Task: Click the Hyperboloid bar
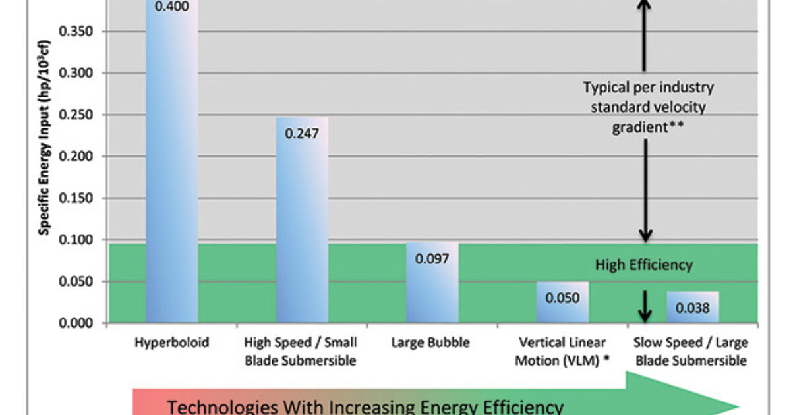click(x=171, y=165)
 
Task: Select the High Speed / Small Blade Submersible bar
click(x=302, y=224)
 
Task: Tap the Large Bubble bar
click(x=432, y=290)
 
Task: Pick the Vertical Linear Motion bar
click(x=562, y=303)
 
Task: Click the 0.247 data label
click(x=302, y=133)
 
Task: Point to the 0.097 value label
click(x=432, y=258)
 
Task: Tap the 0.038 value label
click(x=692, y=307)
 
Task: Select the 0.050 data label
click(x=562, y=298)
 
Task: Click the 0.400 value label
click(x=171, y=7)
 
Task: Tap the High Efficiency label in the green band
click(x=644, y=265)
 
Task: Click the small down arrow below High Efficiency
click(x=645, y=304)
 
